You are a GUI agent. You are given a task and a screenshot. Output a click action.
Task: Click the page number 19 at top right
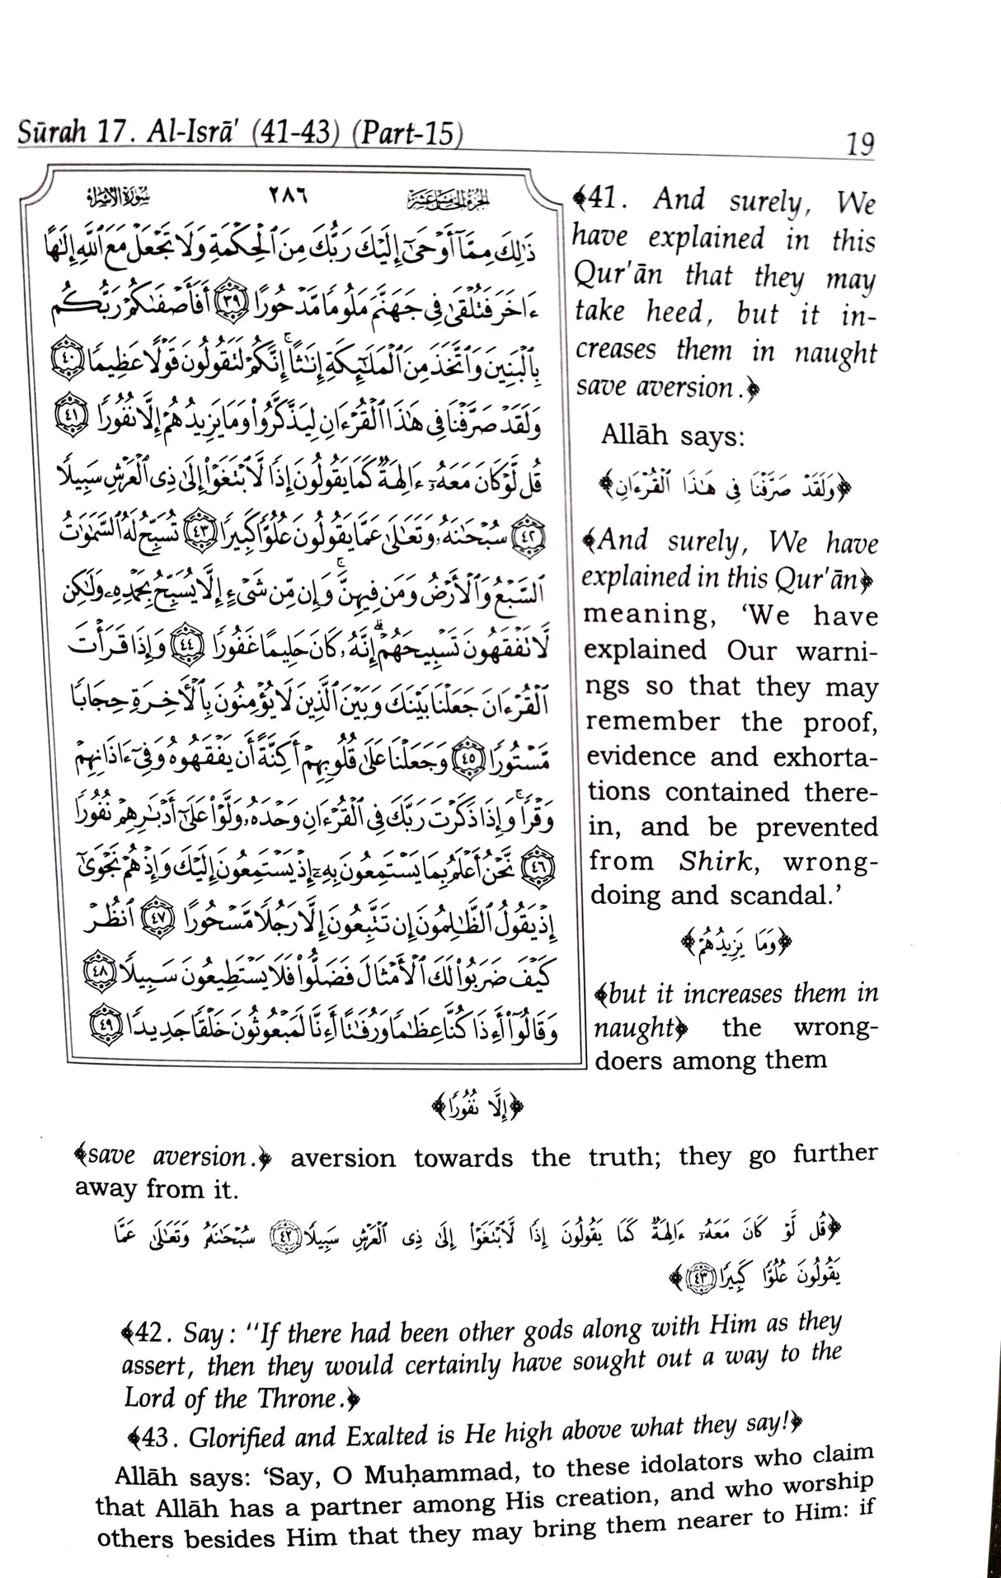click(x=859, y=144)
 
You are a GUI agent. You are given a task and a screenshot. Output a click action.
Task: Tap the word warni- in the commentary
click(x=833, y=651)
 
